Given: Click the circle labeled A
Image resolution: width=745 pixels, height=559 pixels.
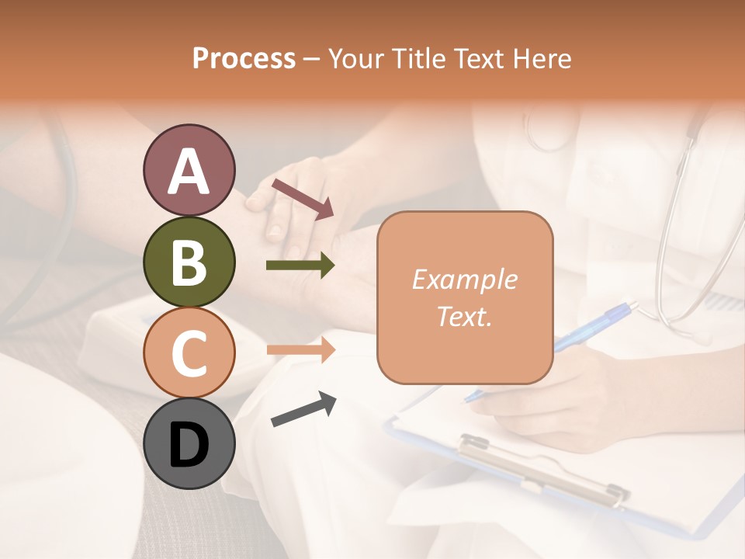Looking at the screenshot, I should pyautogui.click(x=189, y=170).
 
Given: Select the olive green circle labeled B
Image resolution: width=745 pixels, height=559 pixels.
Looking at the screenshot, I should pyautogui.click(x=189, y=262).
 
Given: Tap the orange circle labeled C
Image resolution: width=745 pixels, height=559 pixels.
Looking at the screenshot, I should pyautogui.click(x=189, y=352).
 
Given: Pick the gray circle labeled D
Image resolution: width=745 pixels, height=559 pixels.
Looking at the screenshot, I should pyautogui.click(x=189, y=443).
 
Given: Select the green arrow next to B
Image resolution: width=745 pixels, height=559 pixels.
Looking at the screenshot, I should pyautogui.click(x=300, y=266).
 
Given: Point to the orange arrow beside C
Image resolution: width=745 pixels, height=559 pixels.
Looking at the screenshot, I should pyautogui.click(x=300, y=349).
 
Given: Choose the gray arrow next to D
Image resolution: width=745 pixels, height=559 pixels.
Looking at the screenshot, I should pyautogui.click(x=303, y=409).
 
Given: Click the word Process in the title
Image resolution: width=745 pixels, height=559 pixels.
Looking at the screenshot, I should pyautogui.click(x=244, y=58).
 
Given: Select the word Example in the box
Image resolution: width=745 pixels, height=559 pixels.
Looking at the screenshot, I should pyautogui.click(x=464, y=279).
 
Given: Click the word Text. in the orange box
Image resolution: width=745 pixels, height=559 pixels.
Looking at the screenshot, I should pyautogui.click(x=464, y=316).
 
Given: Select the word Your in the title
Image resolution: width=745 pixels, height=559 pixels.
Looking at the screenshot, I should pyautogui.click(x=357, y=58).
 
